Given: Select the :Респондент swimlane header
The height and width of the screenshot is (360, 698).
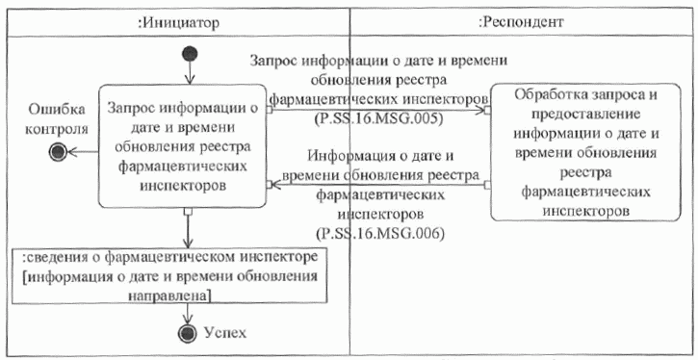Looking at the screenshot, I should coord(521,19).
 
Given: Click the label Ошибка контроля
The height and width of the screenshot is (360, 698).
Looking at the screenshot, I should coord(58,117).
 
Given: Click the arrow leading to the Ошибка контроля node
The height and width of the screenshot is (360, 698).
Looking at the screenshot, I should coord(85,149).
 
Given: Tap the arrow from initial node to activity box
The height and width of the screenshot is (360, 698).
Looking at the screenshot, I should coord(190,72).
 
